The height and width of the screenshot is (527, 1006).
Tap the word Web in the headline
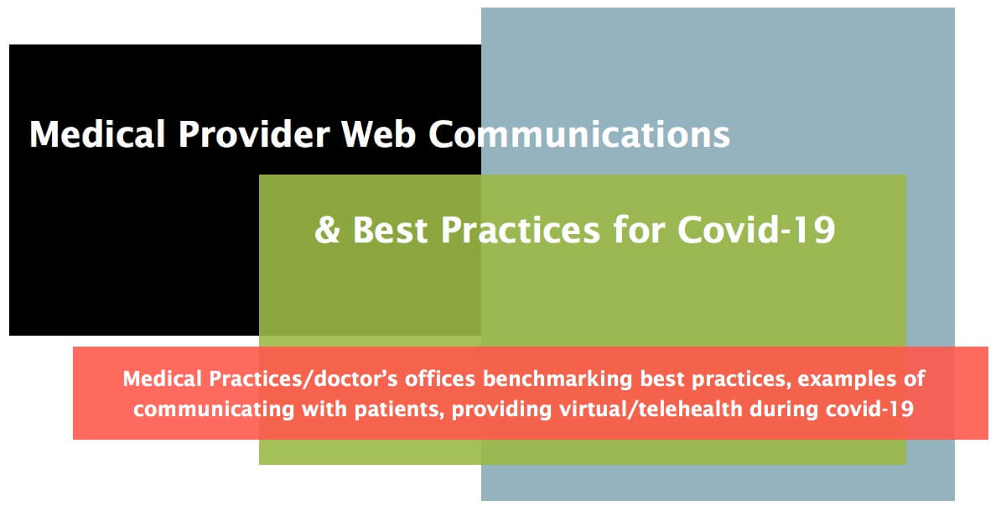pos(378,135)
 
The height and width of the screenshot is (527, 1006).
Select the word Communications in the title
pos(579,135)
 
